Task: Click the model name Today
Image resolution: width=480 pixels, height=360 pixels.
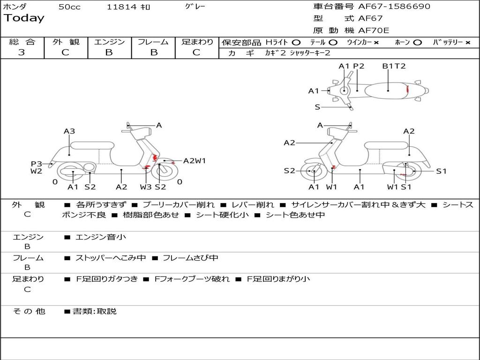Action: (24, 18)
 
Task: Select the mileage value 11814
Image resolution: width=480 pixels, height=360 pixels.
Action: (121, 7)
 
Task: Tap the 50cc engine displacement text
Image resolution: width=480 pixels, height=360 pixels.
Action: (69, 7)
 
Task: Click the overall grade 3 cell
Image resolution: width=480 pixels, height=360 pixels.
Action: (22, 52)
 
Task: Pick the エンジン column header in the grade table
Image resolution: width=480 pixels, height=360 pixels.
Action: (109, 42)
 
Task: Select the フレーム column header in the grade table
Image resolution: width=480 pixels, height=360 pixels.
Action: (153, 42)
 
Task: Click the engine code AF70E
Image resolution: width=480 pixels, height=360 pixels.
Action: (374, 30)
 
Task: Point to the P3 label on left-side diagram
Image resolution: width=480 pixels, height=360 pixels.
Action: (37, 164)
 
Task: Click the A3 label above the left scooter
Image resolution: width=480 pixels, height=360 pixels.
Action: (69, 131)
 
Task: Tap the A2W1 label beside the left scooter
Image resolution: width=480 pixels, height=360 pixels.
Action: (195, 161)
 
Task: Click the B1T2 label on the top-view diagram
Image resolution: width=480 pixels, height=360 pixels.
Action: (394, 66)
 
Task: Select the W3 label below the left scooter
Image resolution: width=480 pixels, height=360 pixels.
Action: (146, 187)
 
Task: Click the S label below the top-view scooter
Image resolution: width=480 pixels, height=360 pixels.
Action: (317, 107)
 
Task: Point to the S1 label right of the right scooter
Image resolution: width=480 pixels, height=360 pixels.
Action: (442, 171)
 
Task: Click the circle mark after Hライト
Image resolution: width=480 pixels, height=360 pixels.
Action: (296, 42)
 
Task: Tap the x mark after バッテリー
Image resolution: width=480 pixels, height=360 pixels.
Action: (467, 42)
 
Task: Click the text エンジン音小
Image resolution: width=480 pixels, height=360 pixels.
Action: (101, 237)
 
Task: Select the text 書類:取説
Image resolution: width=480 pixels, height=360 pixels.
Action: (94, 311)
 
